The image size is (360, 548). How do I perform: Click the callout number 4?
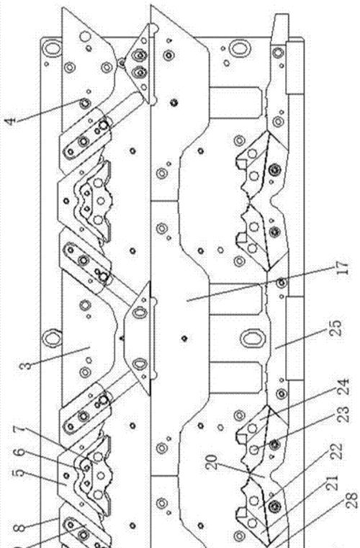point(11,121)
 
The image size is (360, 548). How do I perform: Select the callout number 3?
point(25,366)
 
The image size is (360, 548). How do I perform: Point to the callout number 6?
point(19,452)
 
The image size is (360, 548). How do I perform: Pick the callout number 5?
point(19,474)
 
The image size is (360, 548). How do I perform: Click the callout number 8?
point(18,528)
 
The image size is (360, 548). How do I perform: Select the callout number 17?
point(343,268)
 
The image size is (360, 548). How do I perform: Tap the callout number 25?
point(336,328)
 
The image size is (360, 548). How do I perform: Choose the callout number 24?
point(343,387)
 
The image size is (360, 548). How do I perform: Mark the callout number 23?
point(343,414)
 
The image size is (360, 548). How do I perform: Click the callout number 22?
point(336,452)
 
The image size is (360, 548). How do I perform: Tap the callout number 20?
point(212,462)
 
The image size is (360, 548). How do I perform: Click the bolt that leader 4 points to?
point(84,103)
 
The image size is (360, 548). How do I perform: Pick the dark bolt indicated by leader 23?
point(275,444)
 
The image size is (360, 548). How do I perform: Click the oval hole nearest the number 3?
point(52,338)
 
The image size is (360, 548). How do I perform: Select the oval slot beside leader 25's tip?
point(251,338)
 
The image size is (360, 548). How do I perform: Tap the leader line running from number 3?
point(60,356)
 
